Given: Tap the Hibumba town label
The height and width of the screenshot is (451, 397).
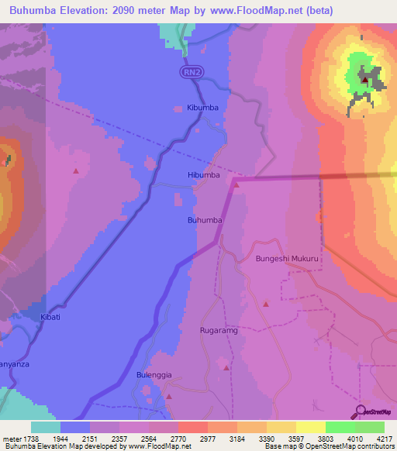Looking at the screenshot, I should [x=204, y=176].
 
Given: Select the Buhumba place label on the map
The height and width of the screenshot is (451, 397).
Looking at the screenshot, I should [x=205, y=221].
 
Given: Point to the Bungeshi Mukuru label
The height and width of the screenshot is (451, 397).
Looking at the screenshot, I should [x=288, y=260].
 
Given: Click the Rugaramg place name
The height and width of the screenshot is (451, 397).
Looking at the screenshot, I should [x=218, y=330].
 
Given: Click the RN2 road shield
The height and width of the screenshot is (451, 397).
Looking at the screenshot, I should [x=192, y=72].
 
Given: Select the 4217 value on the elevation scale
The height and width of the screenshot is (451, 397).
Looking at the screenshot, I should [x=385, y=439].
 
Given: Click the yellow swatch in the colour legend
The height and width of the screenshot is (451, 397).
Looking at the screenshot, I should [x=309, y=427].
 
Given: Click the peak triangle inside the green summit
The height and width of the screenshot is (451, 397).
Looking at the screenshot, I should [x=364, y=79].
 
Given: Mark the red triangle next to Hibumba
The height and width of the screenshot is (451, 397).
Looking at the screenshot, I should [x=237, y=184].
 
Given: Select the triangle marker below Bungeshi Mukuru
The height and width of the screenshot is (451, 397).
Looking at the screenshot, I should [x=266, y=304].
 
